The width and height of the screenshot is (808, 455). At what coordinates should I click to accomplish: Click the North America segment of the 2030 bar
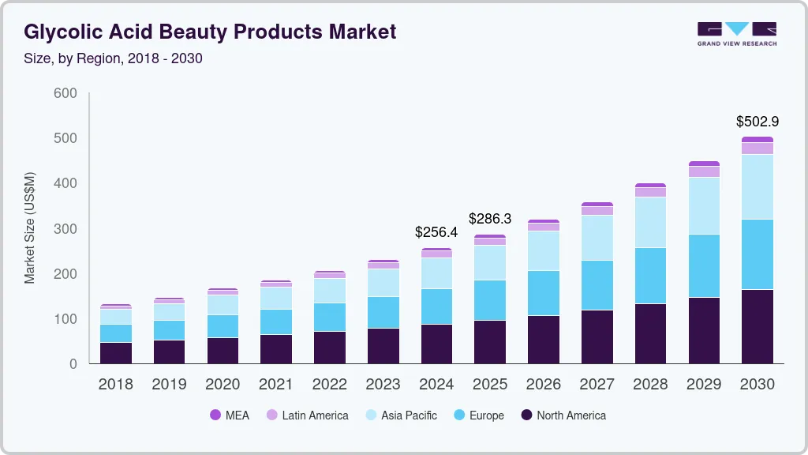click(x=757, y=326)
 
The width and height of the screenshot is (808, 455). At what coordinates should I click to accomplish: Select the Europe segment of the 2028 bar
click(x=650, y=276)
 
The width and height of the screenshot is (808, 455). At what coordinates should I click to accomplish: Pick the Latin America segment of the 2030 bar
click(x=757, y=148)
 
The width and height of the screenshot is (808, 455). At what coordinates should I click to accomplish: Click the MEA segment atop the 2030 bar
click(x=757, y=139)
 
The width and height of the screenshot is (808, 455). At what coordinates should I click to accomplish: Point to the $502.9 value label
click(x=757, y=122)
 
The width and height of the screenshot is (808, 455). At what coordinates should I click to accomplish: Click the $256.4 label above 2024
click(x=436, y=232)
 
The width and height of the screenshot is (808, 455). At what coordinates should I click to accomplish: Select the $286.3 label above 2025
click(x=490, y=218)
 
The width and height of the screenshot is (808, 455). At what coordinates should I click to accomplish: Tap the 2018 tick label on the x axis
click(x=115, y=385)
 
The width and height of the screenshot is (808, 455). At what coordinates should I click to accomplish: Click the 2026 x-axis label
click(x=544, y=385)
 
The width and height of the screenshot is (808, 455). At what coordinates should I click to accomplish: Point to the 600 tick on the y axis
click(x=65, y=93)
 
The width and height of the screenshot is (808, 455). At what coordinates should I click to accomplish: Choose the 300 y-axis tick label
click(x=65, y=229)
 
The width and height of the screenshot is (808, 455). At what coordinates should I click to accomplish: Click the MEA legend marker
click(x=215, y=416)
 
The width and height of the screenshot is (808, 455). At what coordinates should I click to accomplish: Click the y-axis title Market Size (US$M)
click(x=30, y=227)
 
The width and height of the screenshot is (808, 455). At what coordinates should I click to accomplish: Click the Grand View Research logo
click(x=736, y=33)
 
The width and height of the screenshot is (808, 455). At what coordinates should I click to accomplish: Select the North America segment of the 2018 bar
click(x=115, y=353)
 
